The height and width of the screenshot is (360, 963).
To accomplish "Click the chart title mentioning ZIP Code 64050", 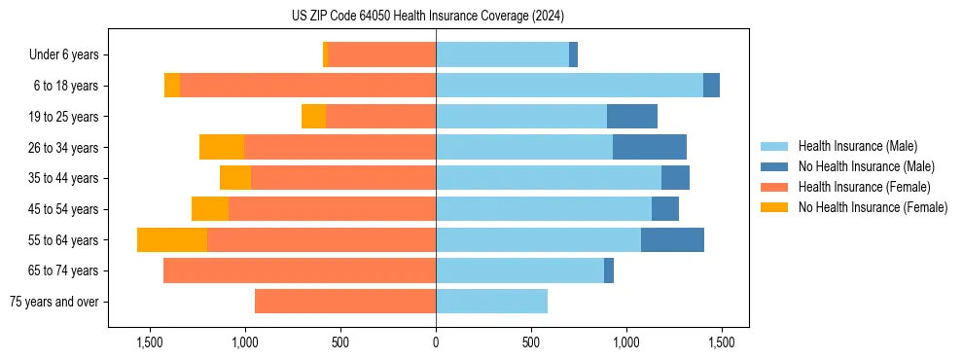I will pos(427,16).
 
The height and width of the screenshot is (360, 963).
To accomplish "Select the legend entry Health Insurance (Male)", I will pos(857,146).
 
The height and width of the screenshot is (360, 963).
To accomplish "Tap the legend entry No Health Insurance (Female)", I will pos(873,207).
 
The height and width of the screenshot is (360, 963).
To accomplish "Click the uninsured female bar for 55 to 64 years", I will pos(172,240).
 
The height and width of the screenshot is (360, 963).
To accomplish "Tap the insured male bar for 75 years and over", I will pos(491,302).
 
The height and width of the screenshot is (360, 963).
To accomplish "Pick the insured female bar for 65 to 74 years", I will pos(300,270).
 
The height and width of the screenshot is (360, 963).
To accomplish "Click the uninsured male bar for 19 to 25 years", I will pos(632,117).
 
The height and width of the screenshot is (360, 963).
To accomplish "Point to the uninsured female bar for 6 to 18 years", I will pos(172,86).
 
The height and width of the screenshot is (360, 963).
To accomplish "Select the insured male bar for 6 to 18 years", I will pos(569,86).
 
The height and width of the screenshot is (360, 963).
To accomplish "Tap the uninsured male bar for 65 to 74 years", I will pos(609,270).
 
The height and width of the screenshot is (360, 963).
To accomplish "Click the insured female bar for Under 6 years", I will pos(382,55).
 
